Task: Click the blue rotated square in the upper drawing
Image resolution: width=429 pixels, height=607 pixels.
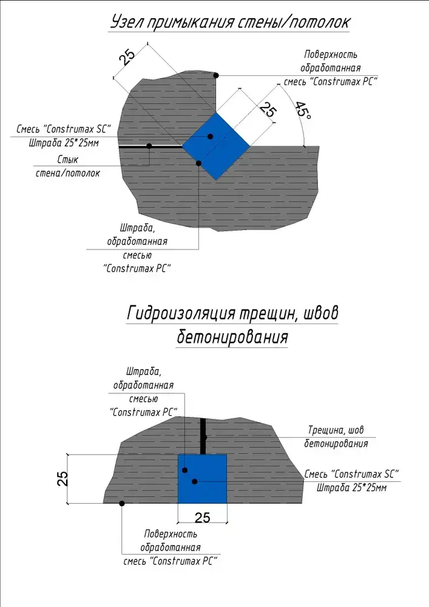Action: point(216,145)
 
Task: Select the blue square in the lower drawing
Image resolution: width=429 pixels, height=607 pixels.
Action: point(202,478)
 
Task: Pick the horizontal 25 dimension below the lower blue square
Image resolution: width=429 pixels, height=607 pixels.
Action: point(202,518)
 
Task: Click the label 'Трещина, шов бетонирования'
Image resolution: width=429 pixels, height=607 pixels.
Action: point(336,437)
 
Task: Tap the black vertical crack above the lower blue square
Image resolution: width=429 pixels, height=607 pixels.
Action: point(203,436)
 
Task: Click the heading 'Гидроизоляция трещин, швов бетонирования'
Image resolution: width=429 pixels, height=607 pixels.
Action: point(233,325)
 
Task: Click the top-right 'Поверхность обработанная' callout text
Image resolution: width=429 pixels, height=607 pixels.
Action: point(331,67)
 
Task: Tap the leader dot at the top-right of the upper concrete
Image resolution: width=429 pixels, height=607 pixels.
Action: point(216,75)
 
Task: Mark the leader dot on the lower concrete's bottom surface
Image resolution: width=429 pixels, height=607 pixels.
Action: point(122,503)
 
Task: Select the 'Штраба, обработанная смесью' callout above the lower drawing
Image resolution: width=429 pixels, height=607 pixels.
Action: point(144,391)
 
